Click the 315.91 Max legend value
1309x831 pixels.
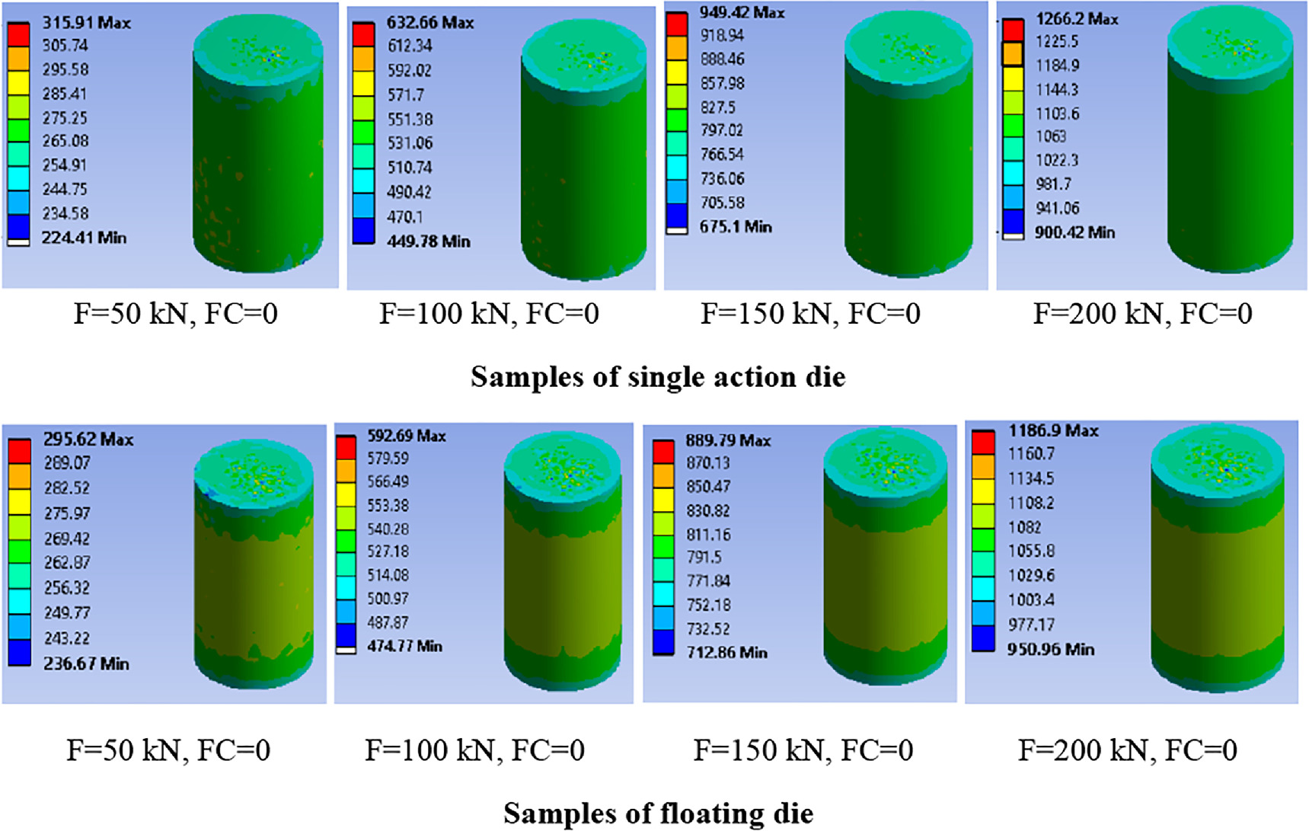[x=86, y=23]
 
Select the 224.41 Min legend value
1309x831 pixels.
[x=84, y=238]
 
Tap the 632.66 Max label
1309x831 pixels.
[x=430, y=23]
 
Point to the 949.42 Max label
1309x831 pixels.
[x=742, y=12]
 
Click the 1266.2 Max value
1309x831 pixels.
[x=1077, y=19]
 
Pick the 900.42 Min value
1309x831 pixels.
[x=1074, y=232]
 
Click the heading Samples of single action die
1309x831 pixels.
[x=658, y=377]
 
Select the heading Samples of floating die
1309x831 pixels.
[x=658, y=813]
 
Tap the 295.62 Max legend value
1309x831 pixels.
[x=88, y=439]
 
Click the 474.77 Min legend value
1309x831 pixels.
[x=404, y=646]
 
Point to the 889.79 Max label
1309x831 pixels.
[x=728, y=440]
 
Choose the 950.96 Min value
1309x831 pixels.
[x=1051, y=650]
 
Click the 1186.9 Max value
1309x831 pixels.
[x=1053, y=431]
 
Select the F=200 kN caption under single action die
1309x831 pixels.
[x=1142, y=314]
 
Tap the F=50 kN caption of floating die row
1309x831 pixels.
[x=168, y=750]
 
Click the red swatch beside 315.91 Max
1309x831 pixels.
[x=18, y=35]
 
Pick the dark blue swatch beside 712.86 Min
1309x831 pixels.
[x=663, y=642]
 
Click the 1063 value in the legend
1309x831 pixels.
[x=1051, y=136]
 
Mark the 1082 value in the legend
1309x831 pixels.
[x=1024, y=527]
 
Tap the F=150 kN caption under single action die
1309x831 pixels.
[x=810, y=314]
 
